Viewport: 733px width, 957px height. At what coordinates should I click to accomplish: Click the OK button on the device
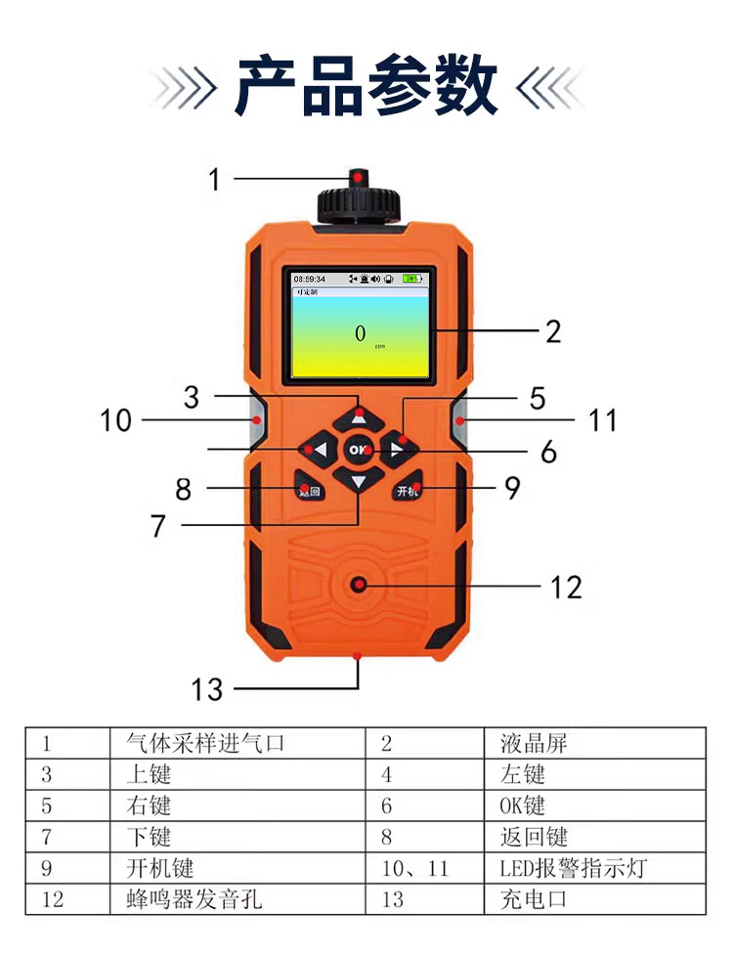(x=360, y=449)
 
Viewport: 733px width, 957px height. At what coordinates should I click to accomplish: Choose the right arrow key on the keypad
(x=397, y=450)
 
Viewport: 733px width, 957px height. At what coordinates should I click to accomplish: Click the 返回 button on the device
(x=309, y=490)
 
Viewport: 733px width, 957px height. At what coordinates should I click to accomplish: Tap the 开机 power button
(x=409, y=490)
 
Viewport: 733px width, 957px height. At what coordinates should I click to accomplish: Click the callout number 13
(x=207, y=689)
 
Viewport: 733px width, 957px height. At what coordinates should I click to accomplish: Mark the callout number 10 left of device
(x=115, y=420)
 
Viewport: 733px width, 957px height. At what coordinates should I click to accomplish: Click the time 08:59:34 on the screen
(x=310, y=279)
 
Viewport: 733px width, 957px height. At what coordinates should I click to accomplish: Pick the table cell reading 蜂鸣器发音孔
(x=194, y=898)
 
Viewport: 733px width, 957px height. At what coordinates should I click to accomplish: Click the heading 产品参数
(x=366, y=87)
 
